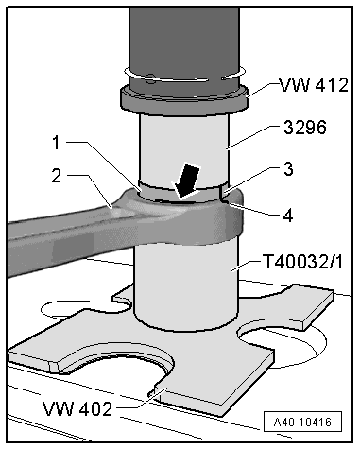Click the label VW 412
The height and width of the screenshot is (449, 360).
(x=313, y=85)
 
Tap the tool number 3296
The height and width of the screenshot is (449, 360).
(x=300, y=128)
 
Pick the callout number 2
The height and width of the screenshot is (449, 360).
(x=60, y=175)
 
